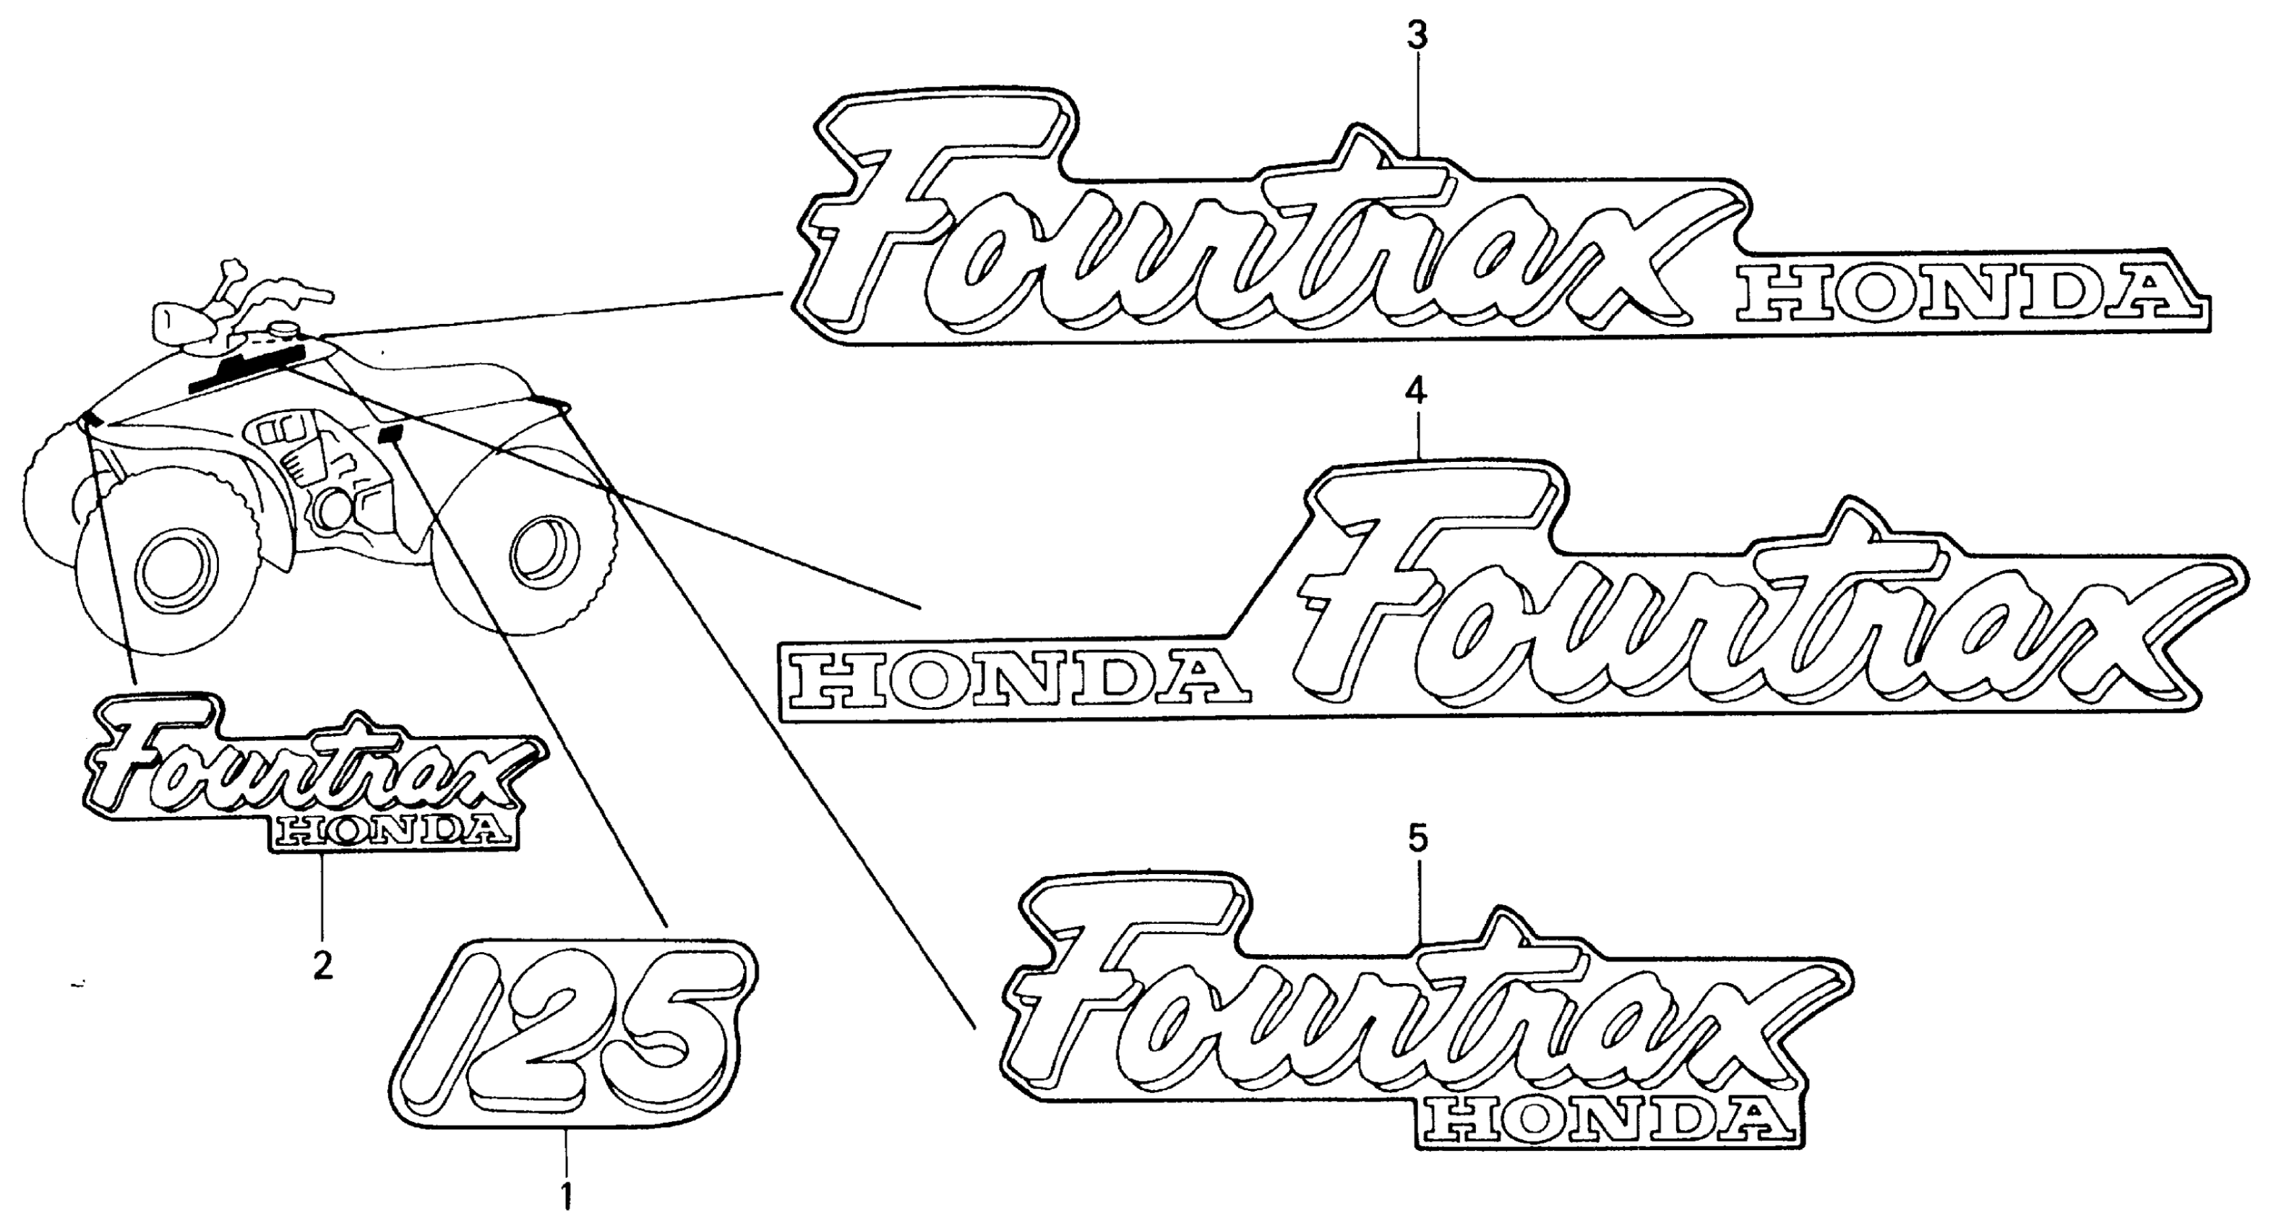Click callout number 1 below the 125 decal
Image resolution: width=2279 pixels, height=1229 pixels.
click(566, 1196)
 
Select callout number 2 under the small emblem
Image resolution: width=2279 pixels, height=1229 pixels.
click(323, 964)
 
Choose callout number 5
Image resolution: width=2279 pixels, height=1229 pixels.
click(1417, 838)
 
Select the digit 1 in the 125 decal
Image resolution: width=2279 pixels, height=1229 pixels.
click(442, 1044)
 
